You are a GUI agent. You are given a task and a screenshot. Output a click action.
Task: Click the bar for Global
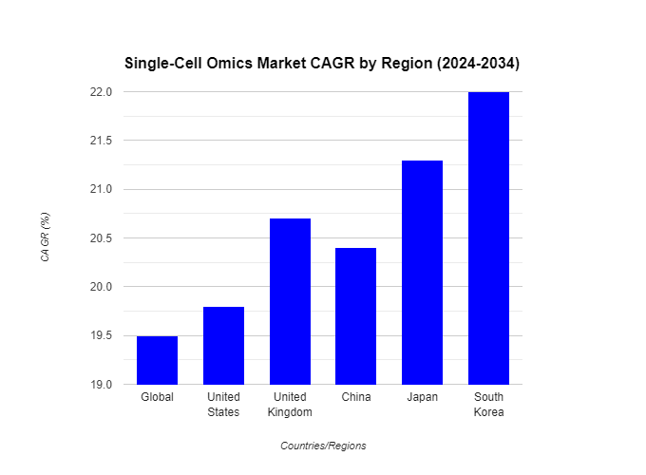tap(157, 360)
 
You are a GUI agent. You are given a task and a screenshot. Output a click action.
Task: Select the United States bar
tap(223, 346)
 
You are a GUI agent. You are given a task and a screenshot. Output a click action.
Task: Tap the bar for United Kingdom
tap(290, 301)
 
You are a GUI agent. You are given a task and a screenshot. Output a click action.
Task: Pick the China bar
tap(356, 316)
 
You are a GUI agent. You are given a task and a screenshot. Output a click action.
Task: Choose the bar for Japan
tap(422, 273)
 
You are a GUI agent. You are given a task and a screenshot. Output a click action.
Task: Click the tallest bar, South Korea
tap(488, 238)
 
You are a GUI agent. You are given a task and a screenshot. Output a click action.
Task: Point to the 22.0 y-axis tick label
tap(102, 92)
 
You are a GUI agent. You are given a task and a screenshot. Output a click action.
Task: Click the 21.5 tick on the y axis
tap(102, 141)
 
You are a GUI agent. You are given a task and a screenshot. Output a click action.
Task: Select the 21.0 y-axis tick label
tap(102, 189)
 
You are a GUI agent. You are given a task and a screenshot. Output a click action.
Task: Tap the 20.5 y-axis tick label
tap(102, 238)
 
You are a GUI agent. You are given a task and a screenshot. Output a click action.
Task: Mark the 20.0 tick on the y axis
tap(102, 287)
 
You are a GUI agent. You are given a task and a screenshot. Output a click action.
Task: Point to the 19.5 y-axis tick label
tap(102, 335)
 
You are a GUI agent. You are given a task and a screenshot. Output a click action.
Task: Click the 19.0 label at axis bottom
tap(102, 385)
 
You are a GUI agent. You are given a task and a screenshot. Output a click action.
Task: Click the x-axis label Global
tap(157, 397)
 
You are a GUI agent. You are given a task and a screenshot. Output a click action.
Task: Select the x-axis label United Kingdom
tap(290, 405)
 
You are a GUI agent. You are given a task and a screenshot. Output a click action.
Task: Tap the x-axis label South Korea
tap(488, 405)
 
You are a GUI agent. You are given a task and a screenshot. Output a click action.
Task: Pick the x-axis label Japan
tap(422, 397)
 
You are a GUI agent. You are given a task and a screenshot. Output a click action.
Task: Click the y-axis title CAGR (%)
tap(45, 237)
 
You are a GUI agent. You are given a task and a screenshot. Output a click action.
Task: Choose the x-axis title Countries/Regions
tap(323, 446)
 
